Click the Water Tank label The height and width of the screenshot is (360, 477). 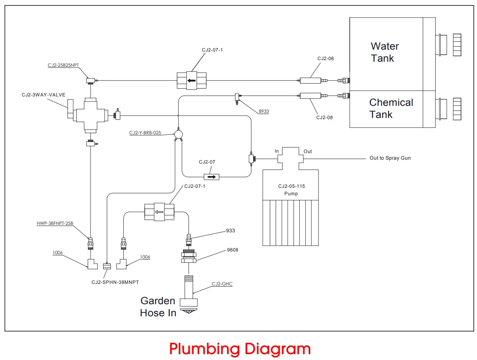(384, 52)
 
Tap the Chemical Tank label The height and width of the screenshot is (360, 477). (391, 109)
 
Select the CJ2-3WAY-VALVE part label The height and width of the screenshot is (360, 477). (44, 94)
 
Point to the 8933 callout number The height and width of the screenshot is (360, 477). (263, 111)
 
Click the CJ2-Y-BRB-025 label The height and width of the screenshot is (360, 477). (145, 133)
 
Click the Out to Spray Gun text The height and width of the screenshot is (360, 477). (390, 158)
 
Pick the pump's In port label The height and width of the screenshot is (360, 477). (277, 151)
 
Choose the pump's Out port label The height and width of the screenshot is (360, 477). (308, 151)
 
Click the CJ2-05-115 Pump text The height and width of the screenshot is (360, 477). (291, 190)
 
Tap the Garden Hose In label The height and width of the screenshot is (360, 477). (158, 307)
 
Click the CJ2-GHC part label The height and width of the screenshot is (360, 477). (222, 284)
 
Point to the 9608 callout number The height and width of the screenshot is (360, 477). (233, 250)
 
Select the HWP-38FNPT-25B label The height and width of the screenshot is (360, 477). (55, 224)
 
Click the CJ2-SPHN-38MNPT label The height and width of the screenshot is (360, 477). (115, 282)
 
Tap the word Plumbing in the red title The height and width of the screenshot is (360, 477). (205, 349)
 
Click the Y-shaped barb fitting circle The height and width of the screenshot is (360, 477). (178, 135)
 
